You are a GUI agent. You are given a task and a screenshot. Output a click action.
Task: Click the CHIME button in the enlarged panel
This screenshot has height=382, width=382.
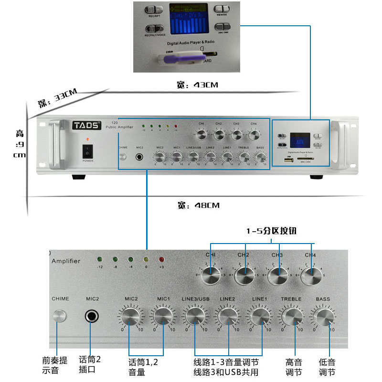(x=59, y=316)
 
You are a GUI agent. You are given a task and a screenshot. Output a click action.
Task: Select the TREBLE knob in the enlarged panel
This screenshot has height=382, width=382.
(x=291, y=316)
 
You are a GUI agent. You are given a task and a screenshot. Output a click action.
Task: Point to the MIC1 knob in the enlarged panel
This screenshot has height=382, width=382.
(x=163, y=316)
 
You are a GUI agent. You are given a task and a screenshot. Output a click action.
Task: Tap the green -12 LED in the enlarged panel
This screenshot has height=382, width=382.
(x=100, y=259)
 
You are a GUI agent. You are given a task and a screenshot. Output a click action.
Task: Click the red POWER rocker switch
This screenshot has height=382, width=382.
(x=87, y=151)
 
